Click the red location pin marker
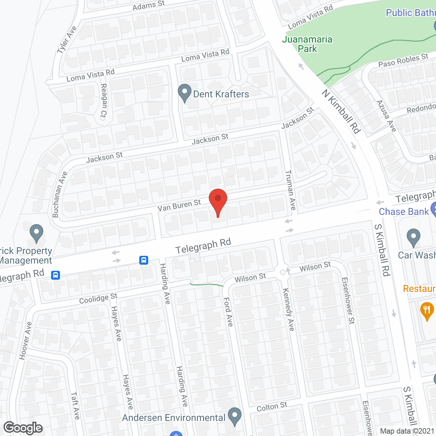pos(218,201)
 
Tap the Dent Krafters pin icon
pos(185,93)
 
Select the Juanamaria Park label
pos(307,44)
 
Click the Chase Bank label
pos(404,212)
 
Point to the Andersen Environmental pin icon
pos(234,416)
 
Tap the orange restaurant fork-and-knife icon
pos(427,311)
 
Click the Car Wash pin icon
pos(413,237)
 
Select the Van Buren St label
pos(179,205)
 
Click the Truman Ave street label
pos(291,190)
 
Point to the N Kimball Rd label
pos(341,111)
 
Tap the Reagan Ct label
pos(104,101)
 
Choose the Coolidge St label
pos(98,298)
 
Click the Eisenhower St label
pos(348,300)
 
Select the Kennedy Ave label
pos(288,309)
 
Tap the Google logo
pos(23,428)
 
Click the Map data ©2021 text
pos(407,431)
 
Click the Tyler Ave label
pos(67,40)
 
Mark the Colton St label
pos(272,407)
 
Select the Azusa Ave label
pos(386,116)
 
